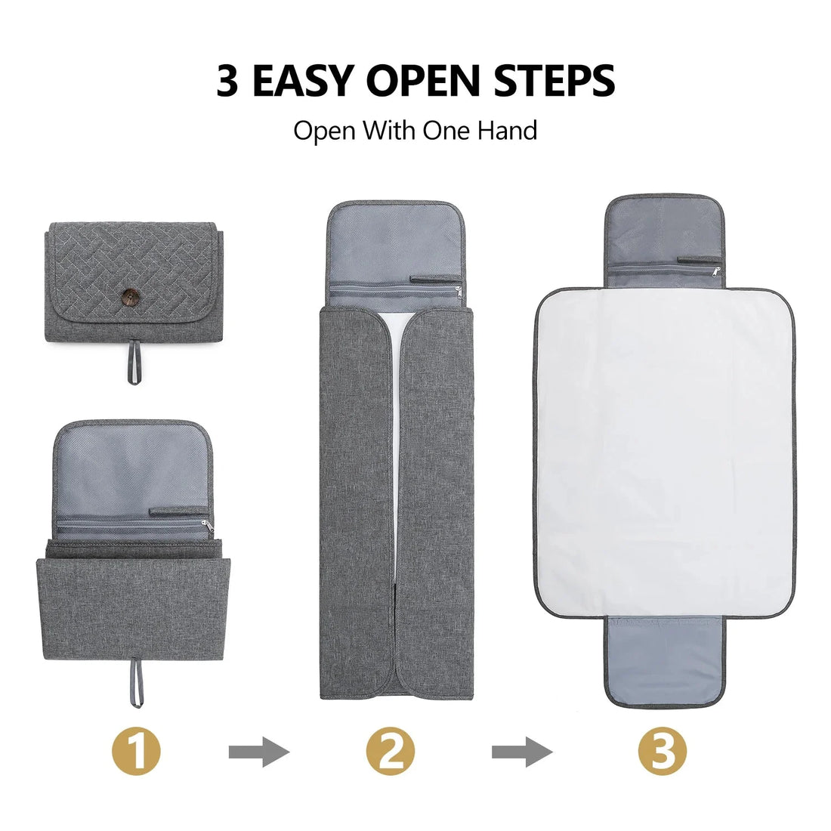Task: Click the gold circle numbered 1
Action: (137, 752)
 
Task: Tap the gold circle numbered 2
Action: (391, 752)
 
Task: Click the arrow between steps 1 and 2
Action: (258, 752)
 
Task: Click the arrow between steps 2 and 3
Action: (521, 752)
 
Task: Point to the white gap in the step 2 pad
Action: (394, 453)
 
